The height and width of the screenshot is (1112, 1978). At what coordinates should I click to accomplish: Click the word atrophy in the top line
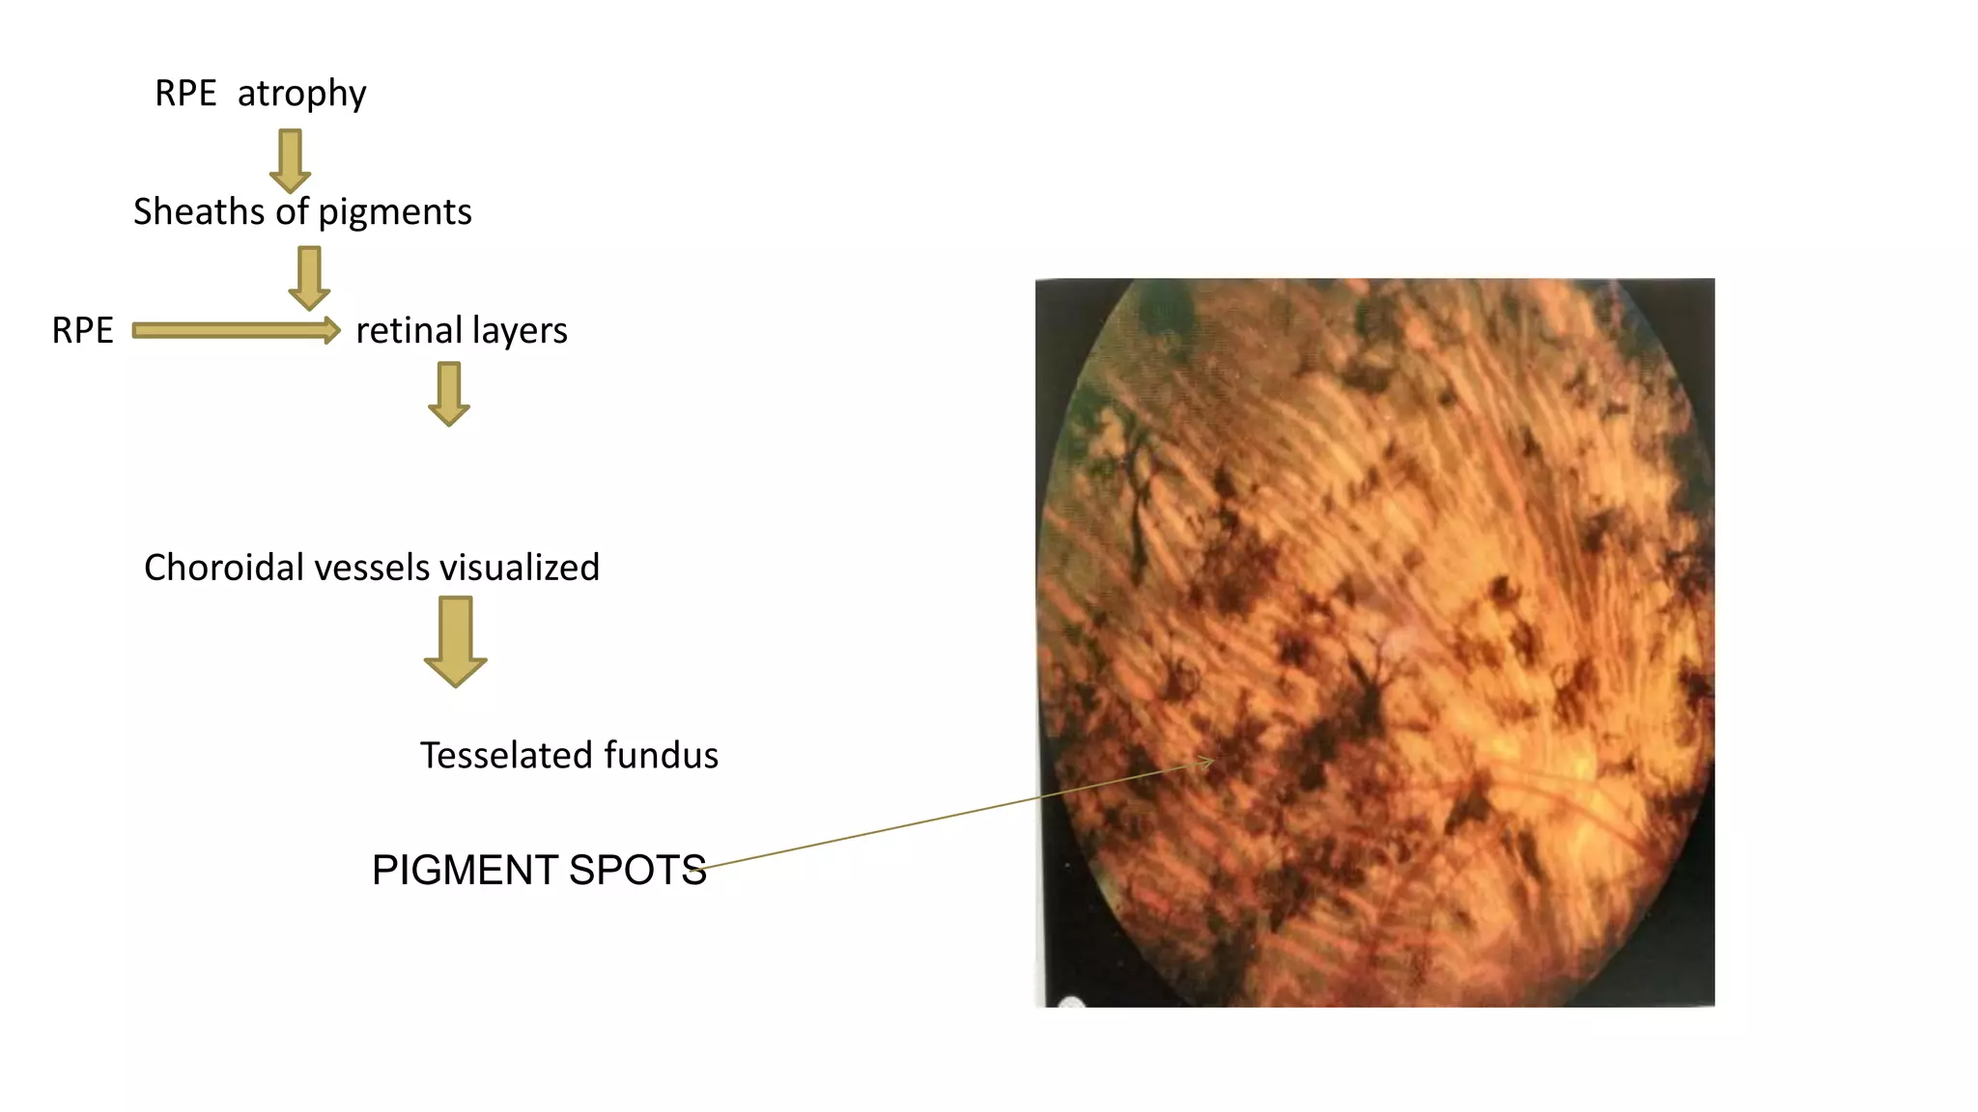301,94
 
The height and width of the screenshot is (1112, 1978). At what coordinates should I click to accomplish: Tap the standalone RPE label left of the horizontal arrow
82,330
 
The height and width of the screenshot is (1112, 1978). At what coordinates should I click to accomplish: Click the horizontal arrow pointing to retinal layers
236,331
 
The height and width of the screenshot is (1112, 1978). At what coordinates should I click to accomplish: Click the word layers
520,331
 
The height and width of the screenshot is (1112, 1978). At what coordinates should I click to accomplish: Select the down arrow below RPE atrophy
290,161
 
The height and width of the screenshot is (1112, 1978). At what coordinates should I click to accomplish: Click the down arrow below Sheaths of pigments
309,278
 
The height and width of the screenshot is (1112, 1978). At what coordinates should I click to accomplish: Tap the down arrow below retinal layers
449,394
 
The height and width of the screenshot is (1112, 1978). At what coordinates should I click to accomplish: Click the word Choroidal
225,568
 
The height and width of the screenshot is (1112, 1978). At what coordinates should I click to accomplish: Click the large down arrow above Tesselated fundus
455,641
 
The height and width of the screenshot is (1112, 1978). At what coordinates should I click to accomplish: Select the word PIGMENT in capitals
465,870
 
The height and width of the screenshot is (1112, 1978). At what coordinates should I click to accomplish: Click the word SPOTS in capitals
637,870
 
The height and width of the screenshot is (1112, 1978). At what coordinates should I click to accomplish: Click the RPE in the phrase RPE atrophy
185,94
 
